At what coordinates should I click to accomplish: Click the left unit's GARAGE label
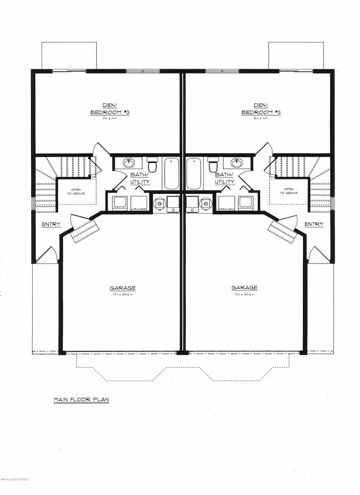[122, 288]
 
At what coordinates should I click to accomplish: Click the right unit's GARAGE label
[244, 288]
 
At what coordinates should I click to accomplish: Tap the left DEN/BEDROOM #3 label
[110, 110]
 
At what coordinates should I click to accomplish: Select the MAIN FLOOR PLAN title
[81, 399]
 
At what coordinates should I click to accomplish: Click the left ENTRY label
[51, 225]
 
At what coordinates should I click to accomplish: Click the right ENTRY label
[314, 224]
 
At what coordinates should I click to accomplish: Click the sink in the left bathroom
[128, 163]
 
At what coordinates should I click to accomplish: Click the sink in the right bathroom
[236, 163]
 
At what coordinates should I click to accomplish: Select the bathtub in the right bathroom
[194, 174]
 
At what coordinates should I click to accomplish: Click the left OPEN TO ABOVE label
[74, 191]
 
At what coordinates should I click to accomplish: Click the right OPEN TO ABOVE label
[288, 191]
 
